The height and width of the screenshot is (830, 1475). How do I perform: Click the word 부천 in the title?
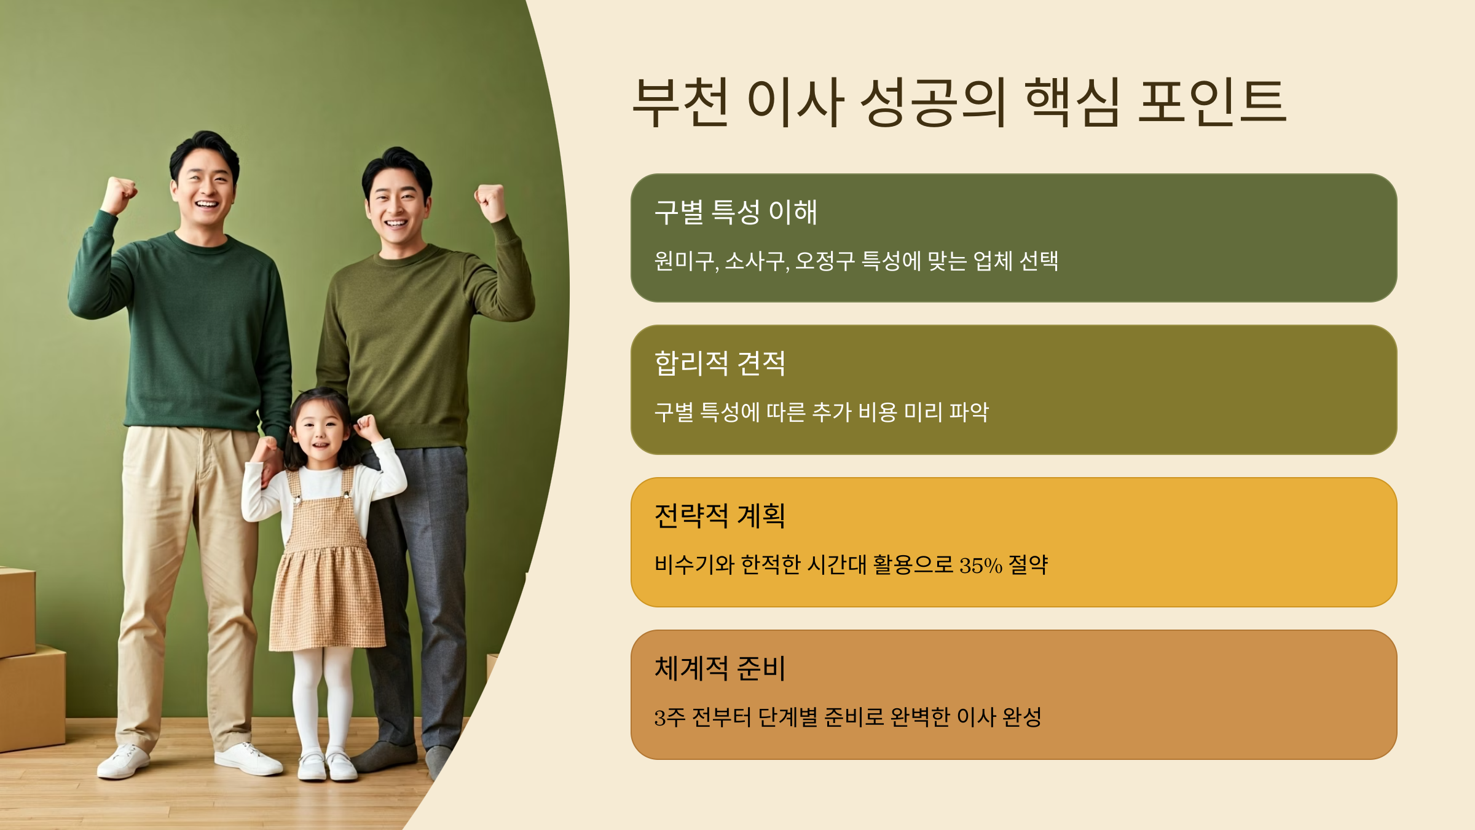[x=681, y=102]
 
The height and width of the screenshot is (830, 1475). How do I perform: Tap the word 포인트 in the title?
[x=1212, y=102]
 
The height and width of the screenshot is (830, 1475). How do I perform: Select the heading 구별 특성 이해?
[x=736, y=212]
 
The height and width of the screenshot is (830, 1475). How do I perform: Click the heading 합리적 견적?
[x=720, y=363]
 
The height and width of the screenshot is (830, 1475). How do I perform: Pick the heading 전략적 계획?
[x=720, y=515]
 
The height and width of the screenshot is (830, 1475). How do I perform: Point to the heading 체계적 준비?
[x=720, y=668]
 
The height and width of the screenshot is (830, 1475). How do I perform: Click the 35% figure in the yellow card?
[x=980, y=565]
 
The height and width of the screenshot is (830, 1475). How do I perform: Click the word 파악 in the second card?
[x=969, y=412]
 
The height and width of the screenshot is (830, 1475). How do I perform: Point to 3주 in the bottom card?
[x=669, y=717]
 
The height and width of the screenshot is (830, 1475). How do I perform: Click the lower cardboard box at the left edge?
[x=31, y=698]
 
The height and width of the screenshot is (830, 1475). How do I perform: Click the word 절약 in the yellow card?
[x=1028, y=564]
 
